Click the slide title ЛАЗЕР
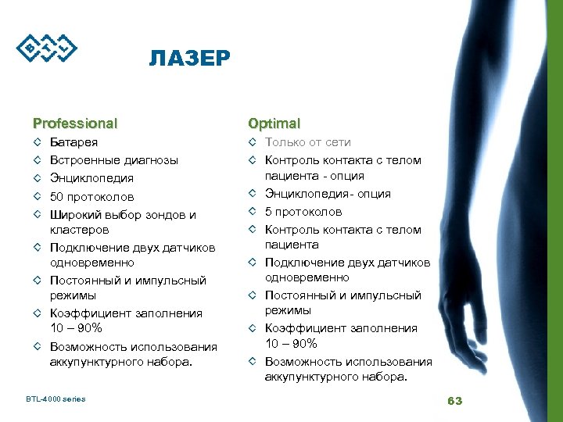[189, 59]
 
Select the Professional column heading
[75, 123]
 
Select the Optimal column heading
[274, 123]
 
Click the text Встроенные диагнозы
[113, 160]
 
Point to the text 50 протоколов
[91, 196]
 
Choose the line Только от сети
[307, 142]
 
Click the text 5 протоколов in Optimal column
[303, 212]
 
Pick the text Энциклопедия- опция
[328, 194]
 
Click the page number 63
[454, 401]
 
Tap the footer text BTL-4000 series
[56, 399]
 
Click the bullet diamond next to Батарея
[37, 143]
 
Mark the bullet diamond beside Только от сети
[253, 142]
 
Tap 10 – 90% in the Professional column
[76, 327]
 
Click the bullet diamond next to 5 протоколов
[253, 212]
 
